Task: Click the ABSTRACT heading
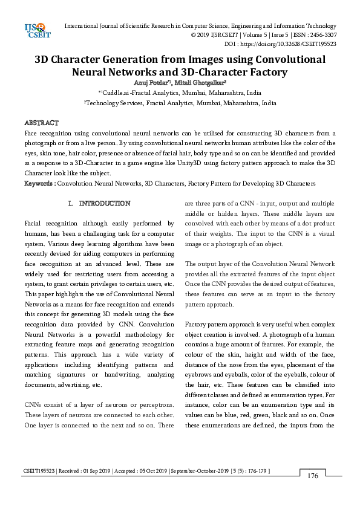pyautogui.click(x=41, y=123)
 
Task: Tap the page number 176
pyautogui.click(x=312, y=476)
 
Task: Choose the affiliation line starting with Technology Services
pyautogui.click(x=180, y=103)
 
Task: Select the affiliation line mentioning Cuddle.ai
pyautogui.click(x=180, y=93)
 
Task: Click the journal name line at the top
pyautogui.click(x=200, y=26)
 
